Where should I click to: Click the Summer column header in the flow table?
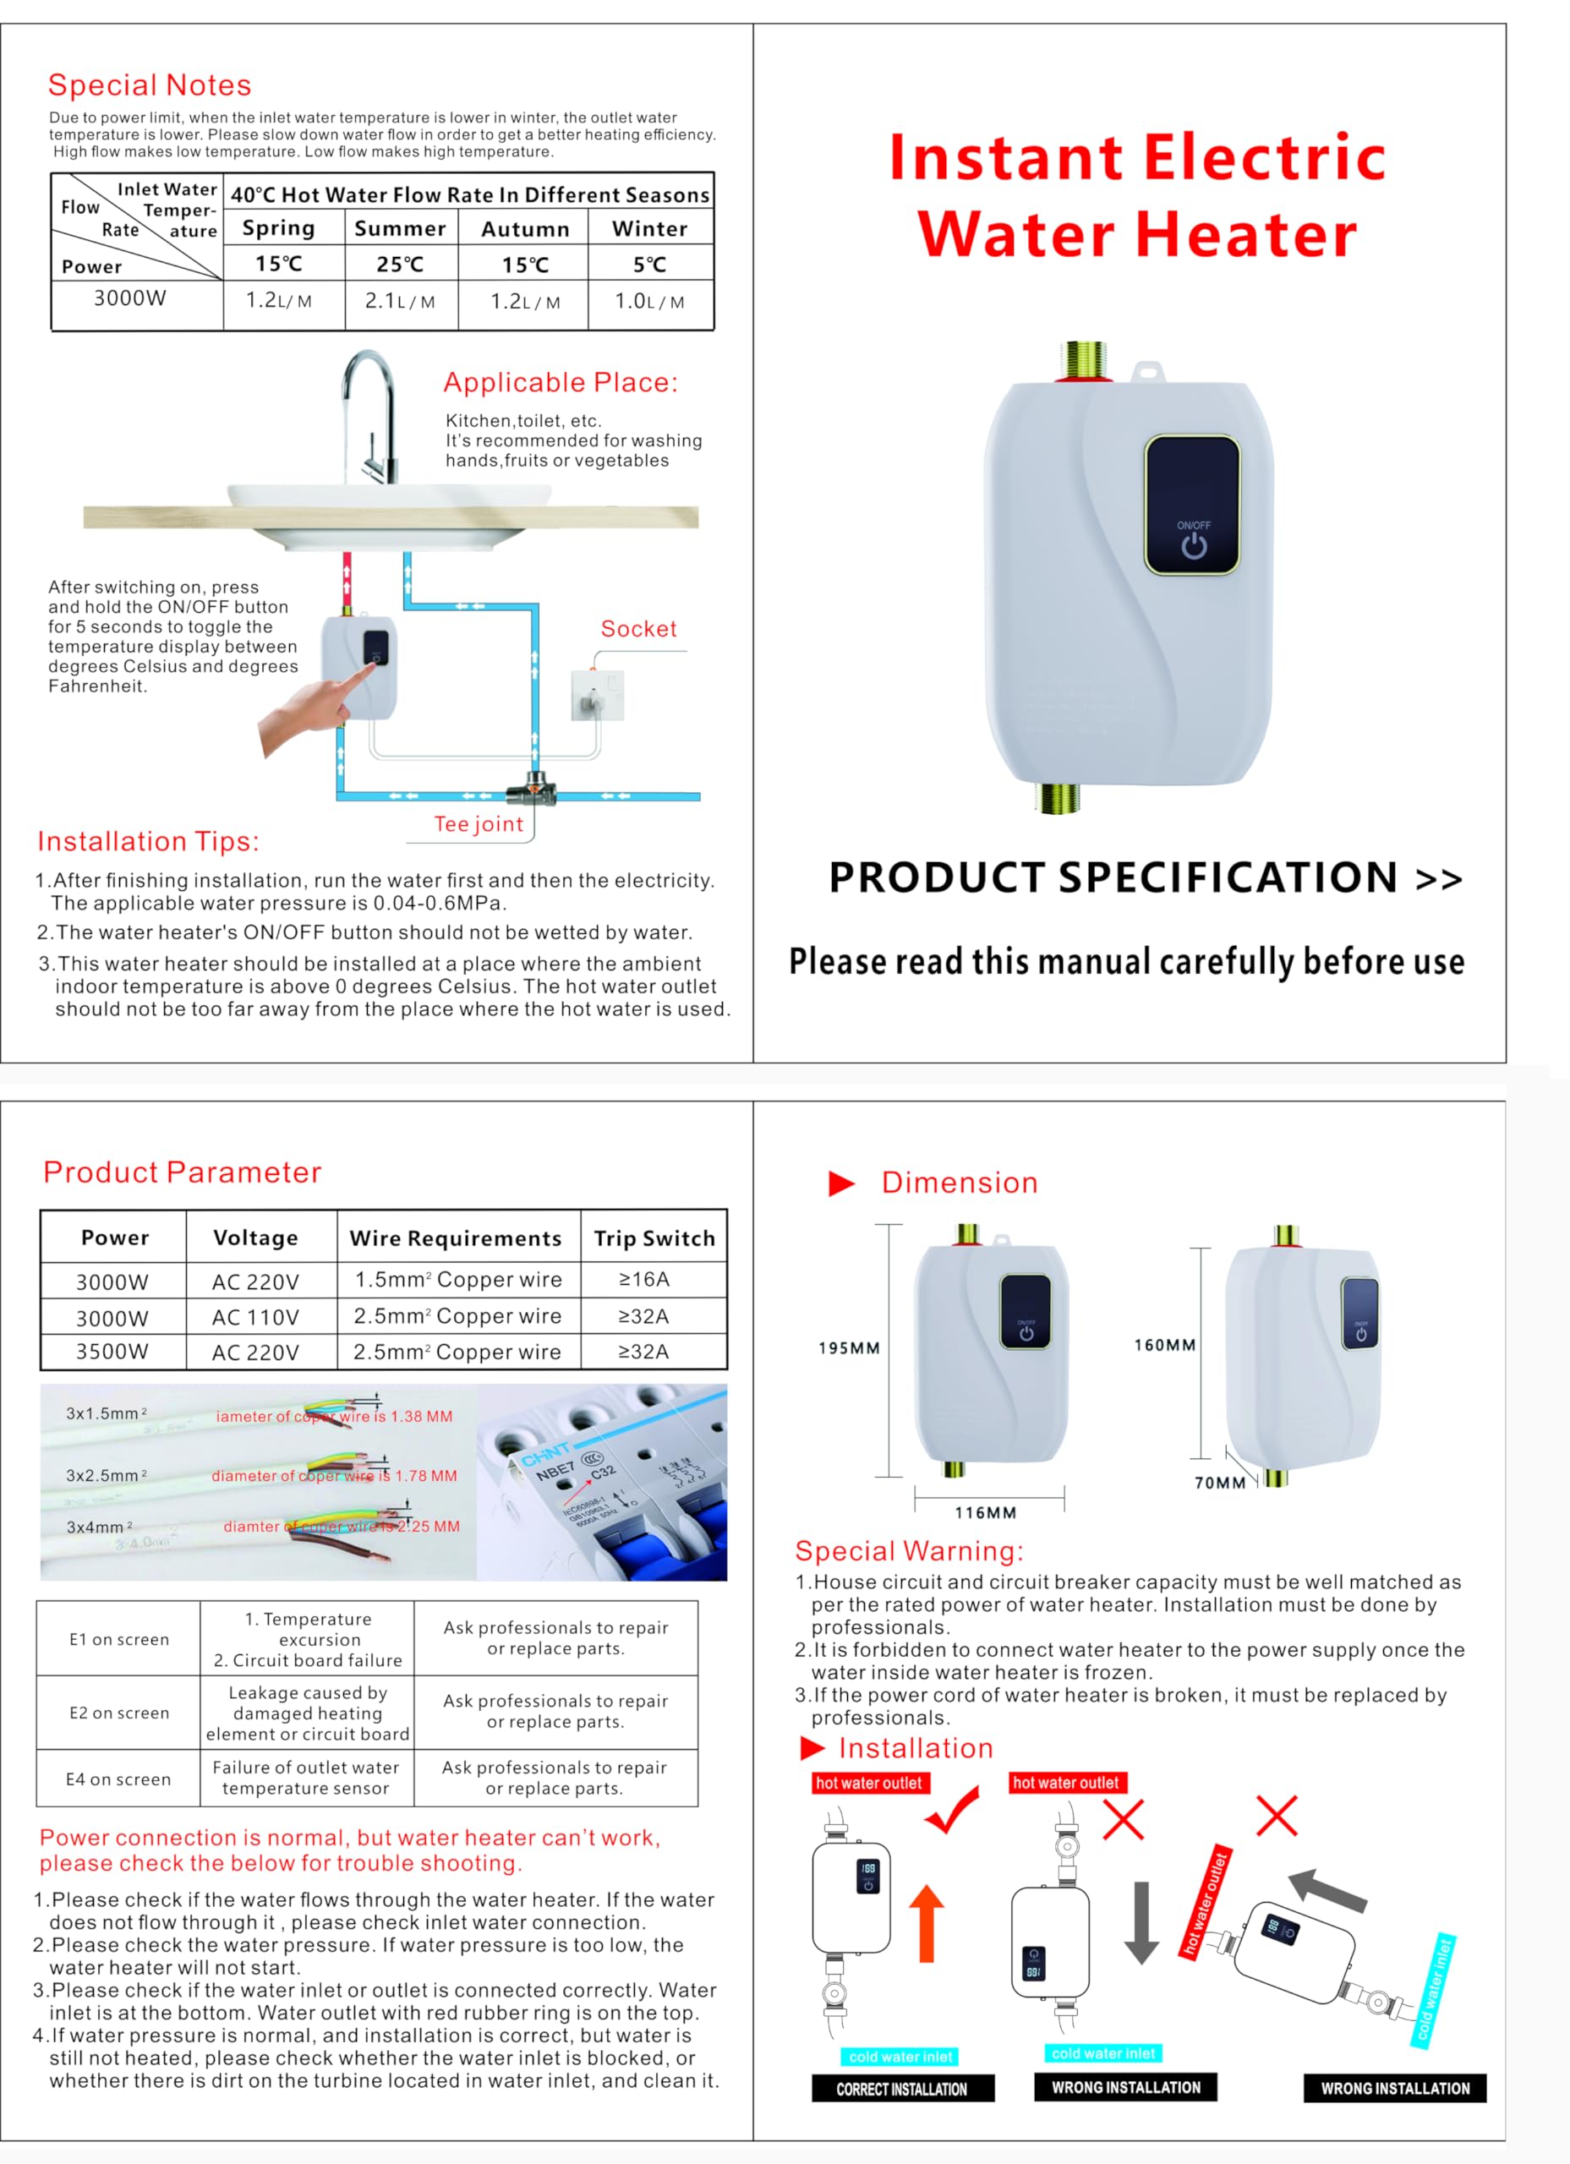[x=400, y=229]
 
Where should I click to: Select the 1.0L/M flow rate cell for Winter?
[x=650, y=302]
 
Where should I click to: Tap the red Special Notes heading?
[x=150, y=85]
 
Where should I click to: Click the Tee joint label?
[x=479, y=824]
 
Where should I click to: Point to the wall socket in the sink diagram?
[x=597, y=695]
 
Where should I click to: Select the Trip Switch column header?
[x=654, y=1238]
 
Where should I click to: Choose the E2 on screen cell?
[x=119, y=1713]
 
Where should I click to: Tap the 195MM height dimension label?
[x=849, y=1348]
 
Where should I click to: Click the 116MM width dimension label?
[x=985, y=1512]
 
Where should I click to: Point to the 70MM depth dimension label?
[x=1220, y=1483]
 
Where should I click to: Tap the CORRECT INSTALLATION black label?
[x=902, y=2089]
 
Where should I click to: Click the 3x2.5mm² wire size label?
[x=106, y=1475]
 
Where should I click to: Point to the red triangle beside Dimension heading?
[x=841, y=1183]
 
